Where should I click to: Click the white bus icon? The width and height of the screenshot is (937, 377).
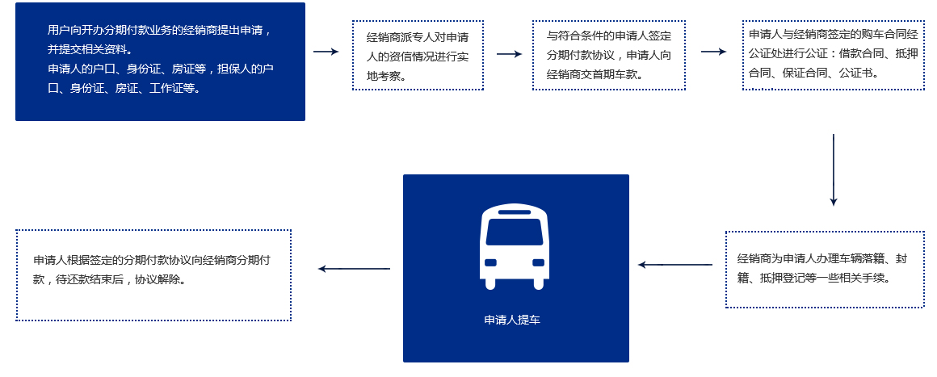[x=515, y=247]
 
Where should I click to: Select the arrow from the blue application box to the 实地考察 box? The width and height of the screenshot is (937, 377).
[x=326, y=52]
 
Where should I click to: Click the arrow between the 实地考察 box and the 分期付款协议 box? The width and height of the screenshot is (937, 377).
[x=509, y=54]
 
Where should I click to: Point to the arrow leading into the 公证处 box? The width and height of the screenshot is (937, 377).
[x=713, y=52]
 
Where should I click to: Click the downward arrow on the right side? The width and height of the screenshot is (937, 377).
[x=833, y=170]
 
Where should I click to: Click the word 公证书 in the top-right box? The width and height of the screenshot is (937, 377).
[x=857, y=72]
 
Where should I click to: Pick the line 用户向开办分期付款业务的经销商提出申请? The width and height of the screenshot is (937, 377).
[x=159, y=31]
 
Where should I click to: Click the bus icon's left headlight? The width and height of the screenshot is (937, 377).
[x=490, y=262]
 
